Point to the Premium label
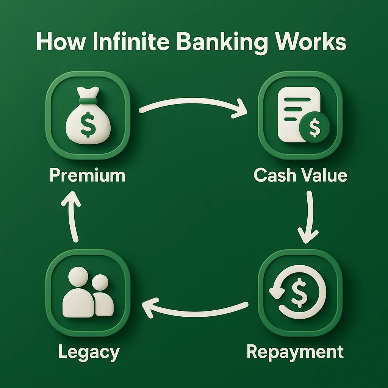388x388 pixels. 88,175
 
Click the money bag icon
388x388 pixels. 88,115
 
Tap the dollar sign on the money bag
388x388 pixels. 88,124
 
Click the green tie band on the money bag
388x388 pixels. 88,101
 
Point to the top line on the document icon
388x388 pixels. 297,100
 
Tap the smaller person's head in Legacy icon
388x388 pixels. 100,282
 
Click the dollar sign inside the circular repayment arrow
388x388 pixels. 299,292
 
